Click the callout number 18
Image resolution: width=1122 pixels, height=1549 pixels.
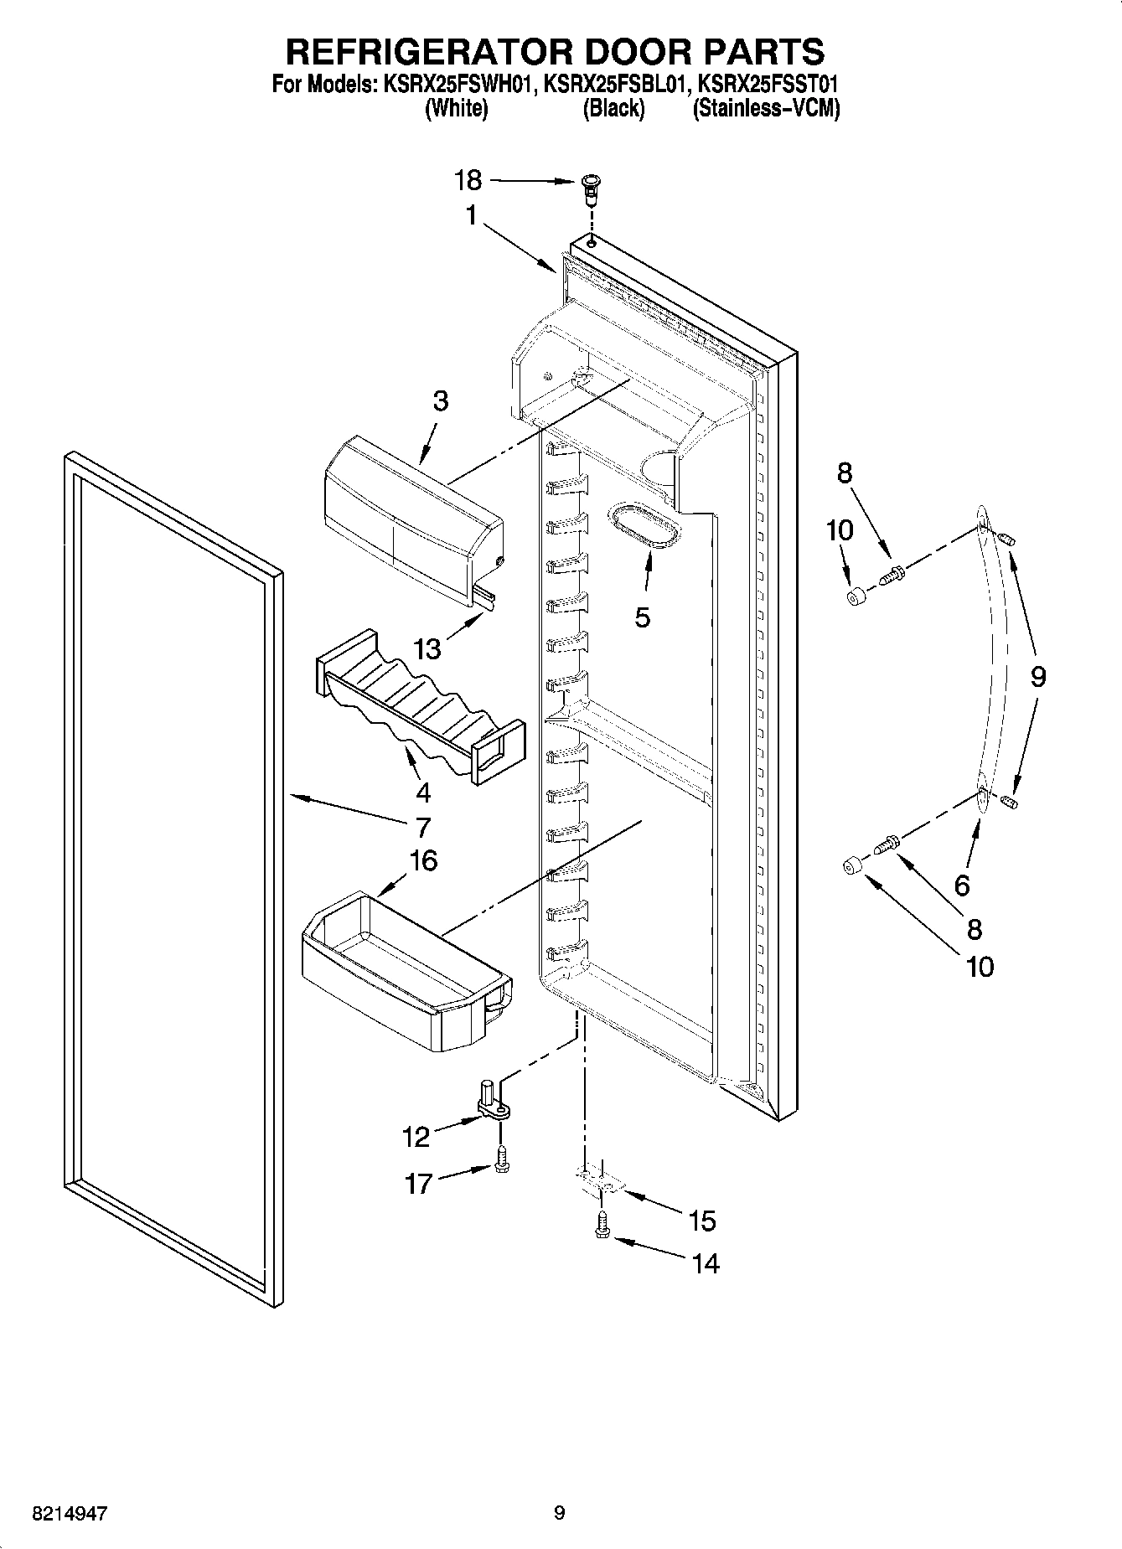tap(468, 180)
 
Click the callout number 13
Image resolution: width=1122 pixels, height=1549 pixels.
tap(428, 648)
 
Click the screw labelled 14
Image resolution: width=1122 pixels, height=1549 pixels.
tap(602, 1227)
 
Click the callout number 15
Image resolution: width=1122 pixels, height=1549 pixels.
tap(702, 1221)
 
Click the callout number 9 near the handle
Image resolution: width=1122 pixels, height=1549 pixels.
tap(1037, 675)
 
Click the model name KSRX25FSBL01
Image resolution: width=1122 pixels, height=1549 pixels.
tap(617, 85)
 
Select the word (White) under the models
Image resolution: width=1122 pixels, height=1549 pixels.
tap(457, 109)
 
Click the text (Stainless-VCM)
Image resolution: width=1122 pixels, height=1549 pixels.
tap(766, 109)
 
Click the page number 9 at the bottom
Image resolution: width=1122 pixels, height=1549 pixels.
tap(560, 1513)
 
